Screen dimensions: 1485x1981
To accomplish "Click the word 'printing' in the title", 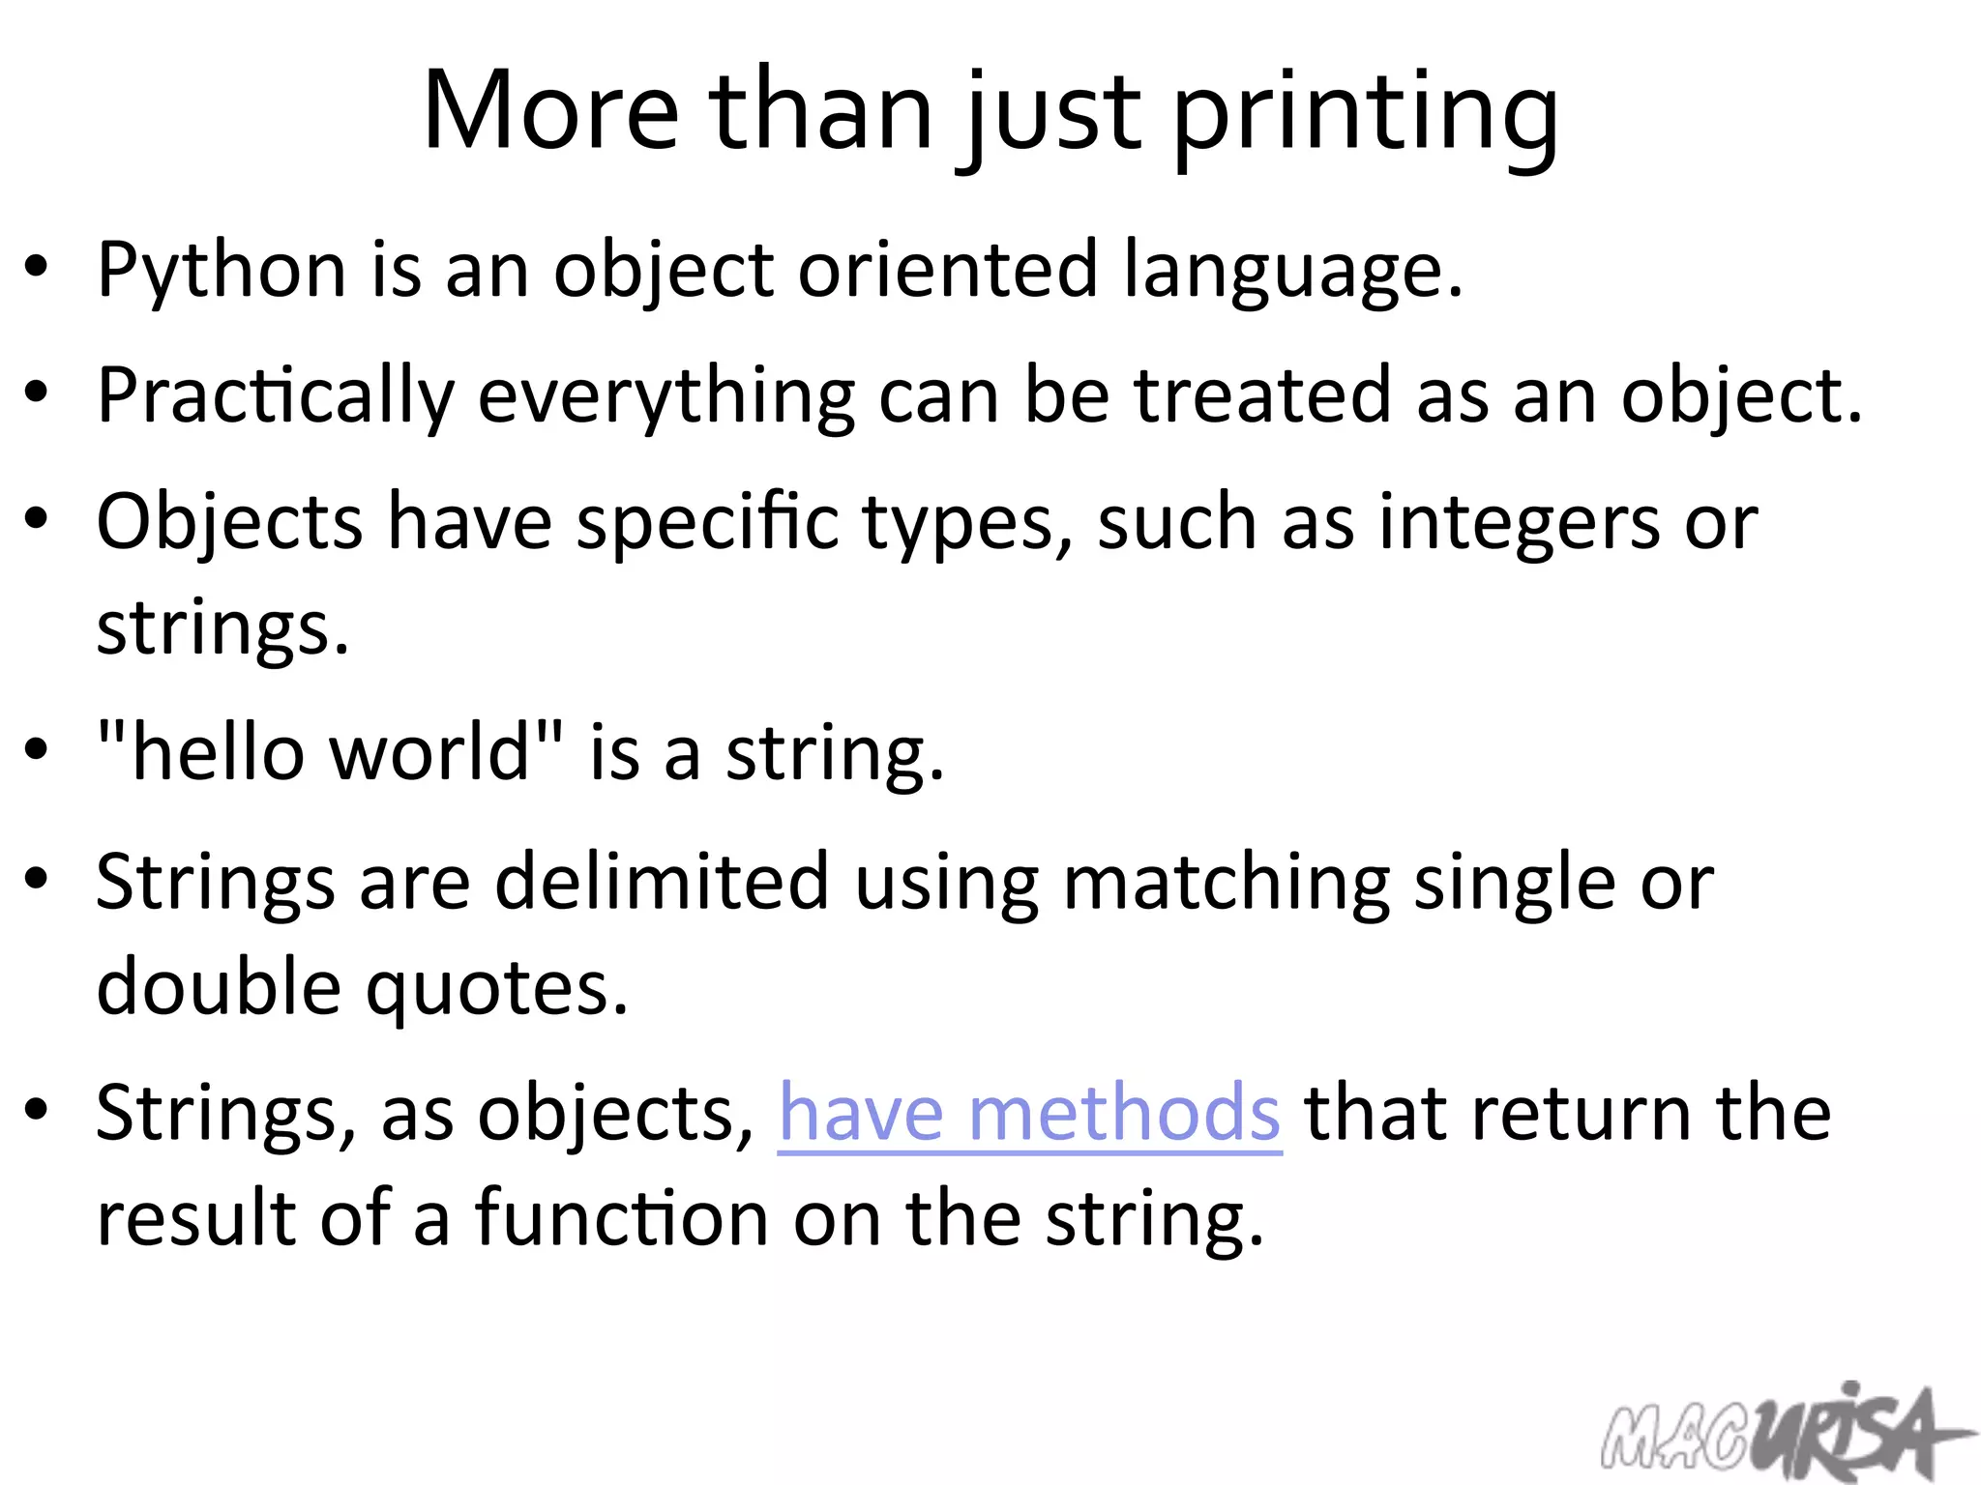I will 1366,113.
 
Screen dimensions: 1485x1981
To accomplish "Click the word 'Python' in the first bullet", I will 222,271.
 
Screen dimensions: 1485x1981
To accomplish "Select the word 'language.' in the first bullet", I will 1293,271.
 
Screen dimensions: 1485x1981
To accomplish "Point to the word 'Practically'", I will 276,396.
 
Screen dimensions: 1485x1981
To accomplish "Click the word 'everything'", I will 666,396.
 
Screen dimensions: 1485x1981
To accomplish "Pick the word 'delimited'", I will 662,881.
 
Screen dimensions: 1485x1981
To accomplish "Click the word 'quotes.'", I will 497,989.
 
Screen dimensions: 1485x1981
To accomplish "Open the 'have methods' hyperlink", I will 1030,1114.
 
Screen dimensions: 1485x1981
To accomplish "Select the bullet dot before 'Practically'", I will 37,393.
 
